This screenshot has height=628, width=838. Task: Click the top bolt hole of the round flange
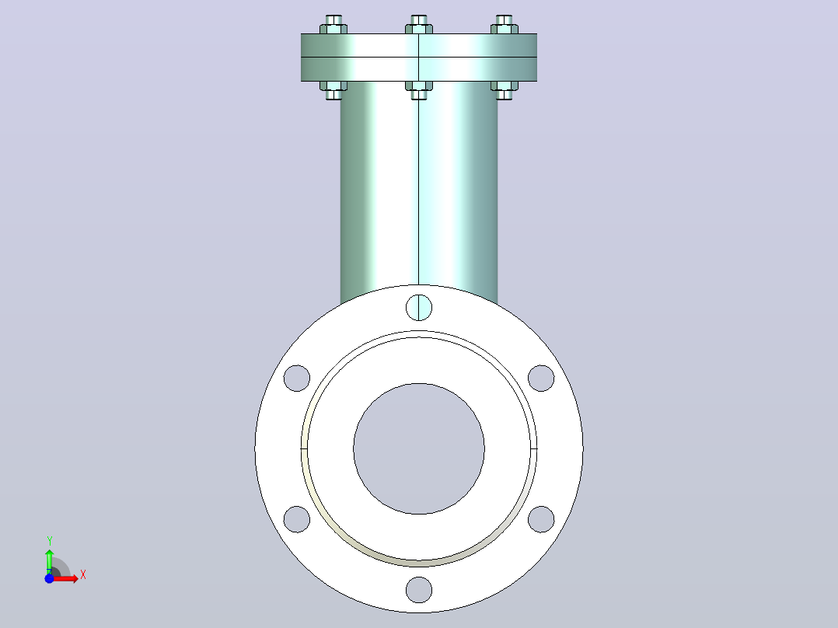pos(419,307)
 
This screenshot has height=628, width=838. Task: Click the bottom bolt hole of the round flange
pos(419,590)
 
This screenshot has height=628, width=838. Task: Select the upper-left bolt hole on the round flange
pos(297,379)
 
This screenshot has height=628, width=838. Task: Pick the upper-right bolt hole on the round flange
pos(541,379)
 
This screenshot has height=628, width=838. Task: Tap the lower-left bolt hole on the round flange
pos(297,519)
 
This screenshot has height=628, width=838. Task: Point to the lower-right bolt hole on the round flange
pos(541,519)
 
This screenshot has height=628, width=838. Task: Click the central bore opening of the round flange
pos(419,449)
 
